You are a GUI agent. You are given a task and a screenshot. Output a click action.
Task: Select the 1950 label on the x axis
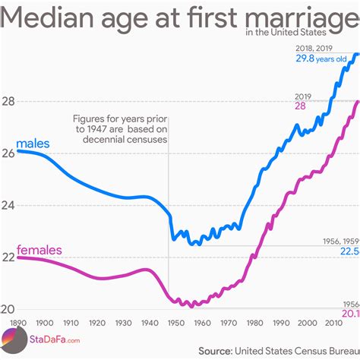click(175, 322)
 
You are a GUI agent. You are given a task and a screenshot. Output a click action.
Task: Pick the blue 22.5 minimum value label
click(348, 251)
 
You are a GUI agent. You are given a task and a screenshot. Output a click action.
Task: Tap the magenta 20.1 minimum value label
click(348, 312)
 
